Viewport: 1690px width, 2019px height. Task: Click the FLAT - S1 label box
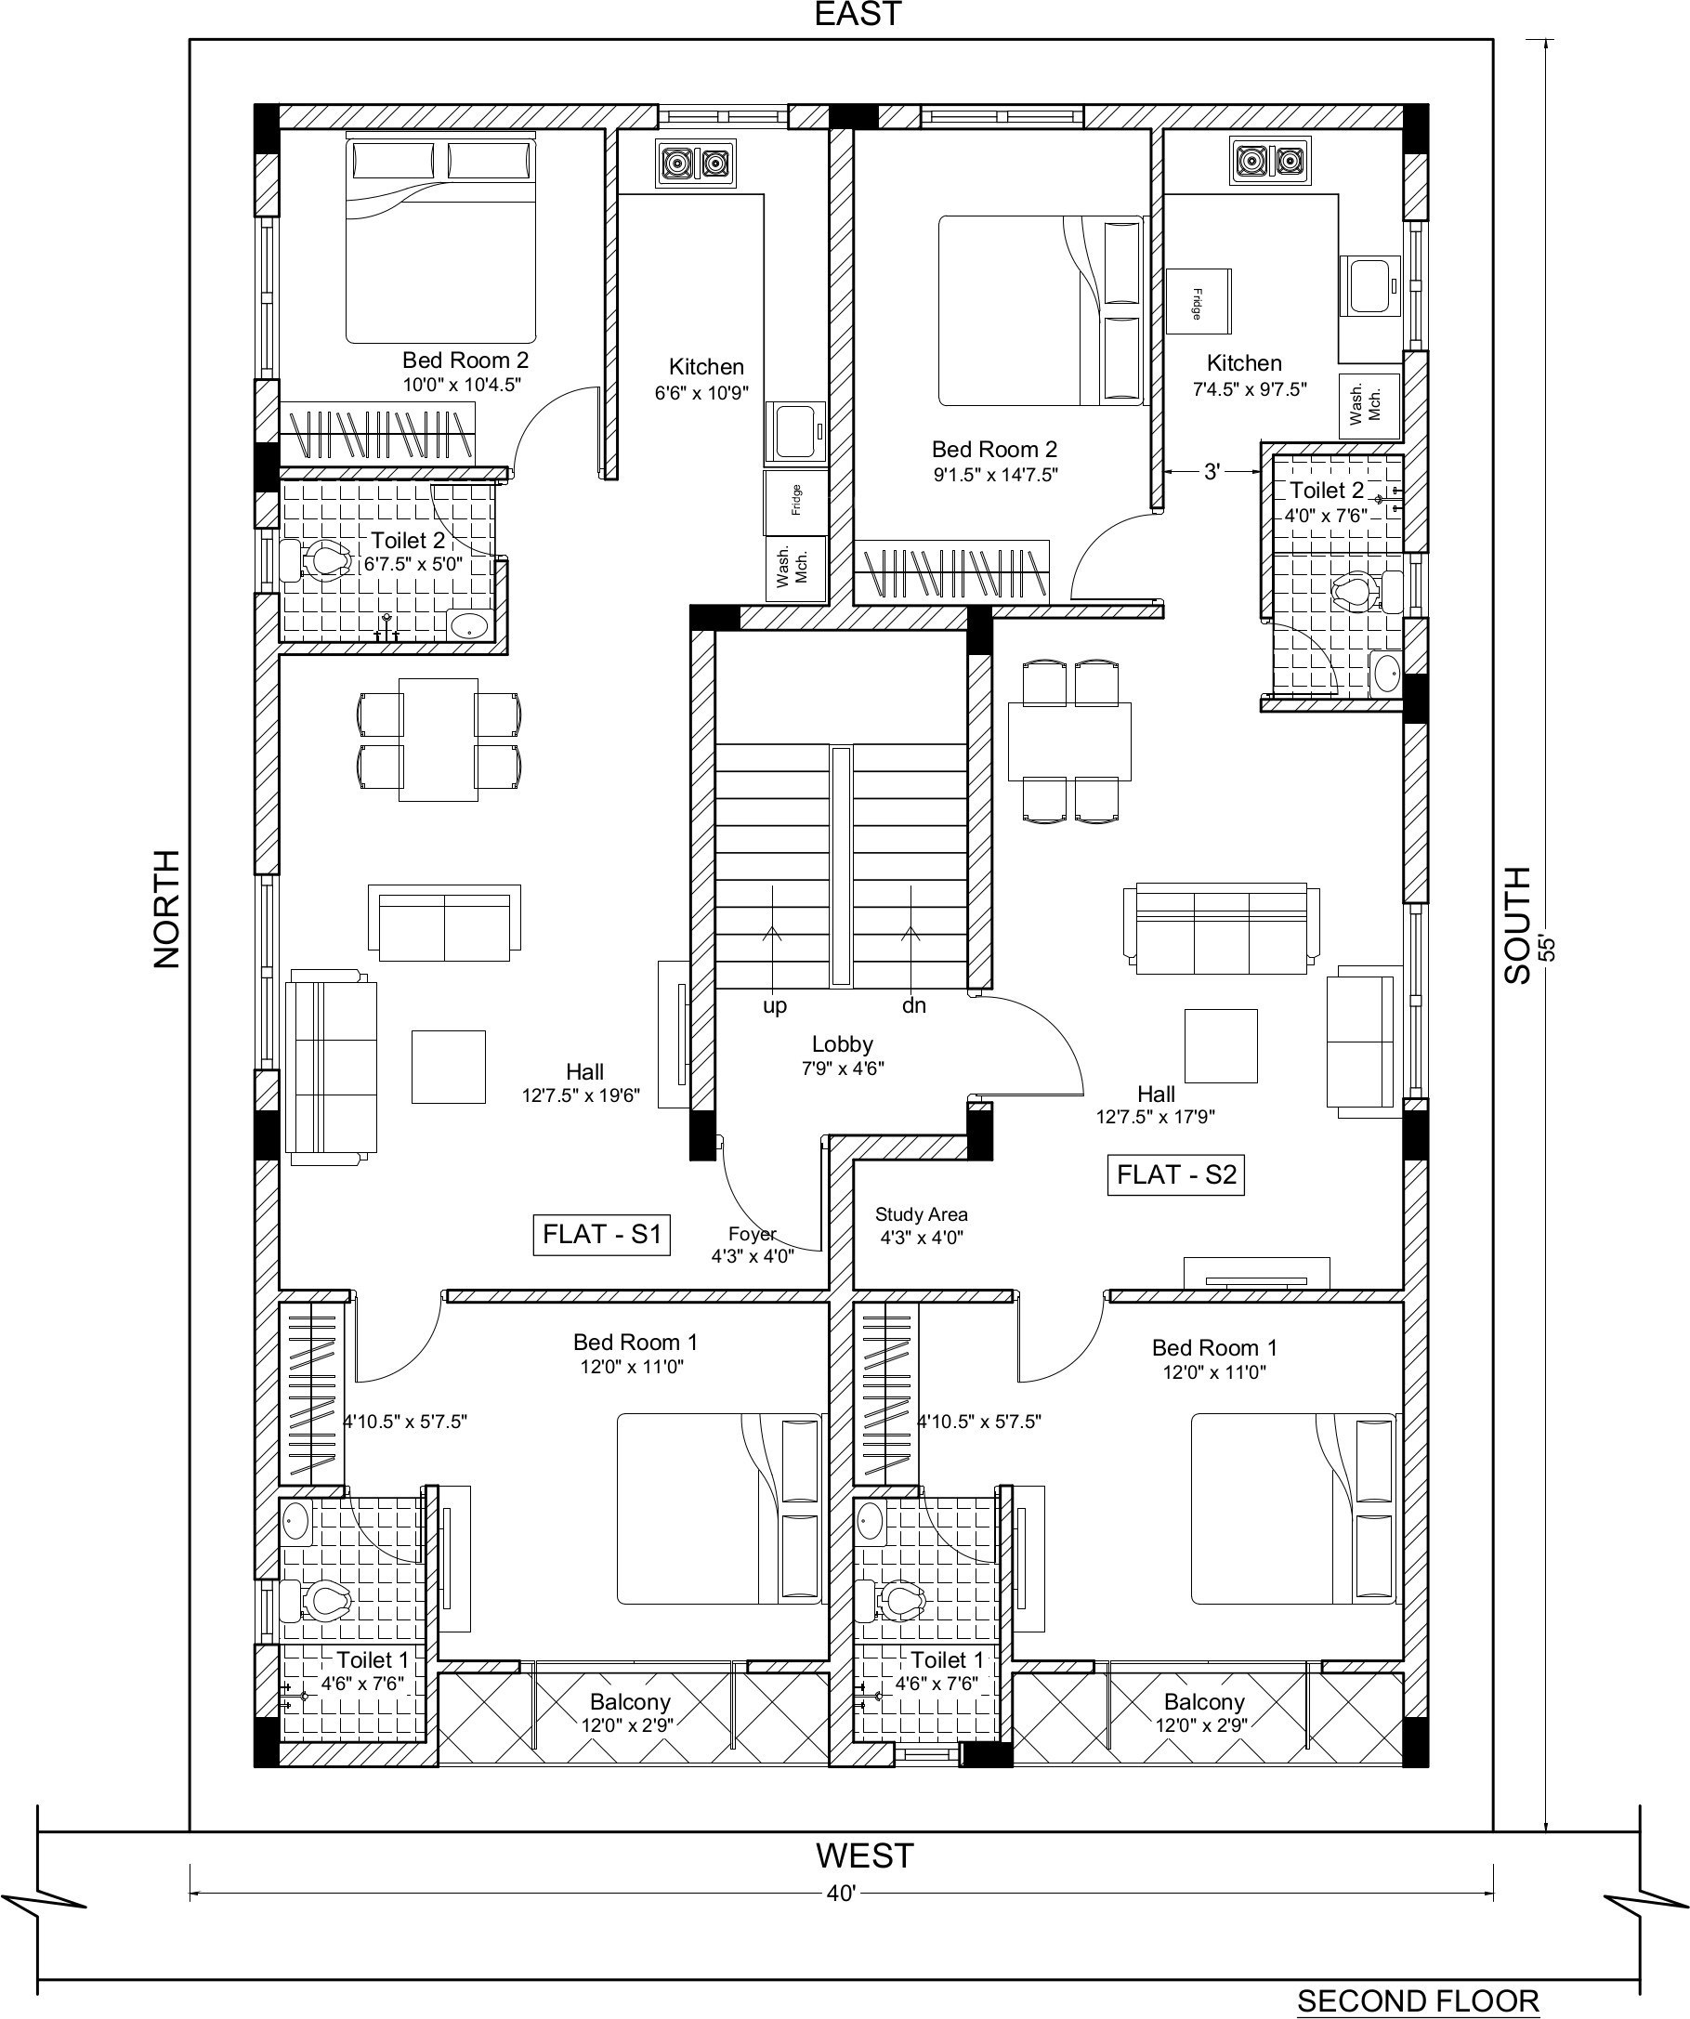(602, 1234)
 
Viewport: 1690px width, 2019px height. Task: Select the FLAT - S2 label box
(1175, 1174)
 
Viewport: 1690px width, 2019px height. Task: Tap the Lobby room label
(843, 1044)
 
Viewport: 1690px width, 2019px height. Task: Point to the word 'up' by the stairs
(775, 1006)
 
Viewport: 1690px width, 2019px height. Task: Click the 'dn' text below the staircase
(913, 1005)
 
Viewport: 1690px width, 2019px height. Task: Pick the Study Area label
(921, 1214)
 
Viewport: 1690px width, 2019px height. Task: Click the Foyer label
(752, 1235)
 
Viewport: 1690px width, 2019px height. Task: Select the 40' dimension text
(841, 1893)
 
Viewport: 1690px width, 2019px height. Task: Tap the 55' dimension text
(1547, 947)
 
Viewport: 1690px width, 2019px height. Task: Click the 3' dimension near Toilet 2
(1212, 471)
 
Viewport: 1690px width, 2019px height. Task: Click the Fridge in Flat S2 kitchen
(1199, 301)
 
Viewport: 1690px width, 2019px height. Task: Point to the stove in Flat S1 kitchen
(695, 164)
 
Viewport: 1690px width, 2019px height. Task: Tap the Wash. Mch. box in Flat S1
(795, 570)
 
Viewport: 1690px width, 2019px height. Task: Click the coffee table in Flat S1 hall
(448, 1067)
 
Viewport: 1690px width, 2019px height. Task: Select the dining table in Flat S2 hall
(1070, 741)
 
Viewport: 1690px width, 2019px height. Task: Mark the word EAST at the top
(858, 15)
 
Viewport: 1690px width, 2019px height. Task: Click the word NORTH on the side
(166, 909)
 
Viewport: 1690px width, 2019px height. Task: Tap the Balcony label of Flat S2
(1203, 1730)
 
